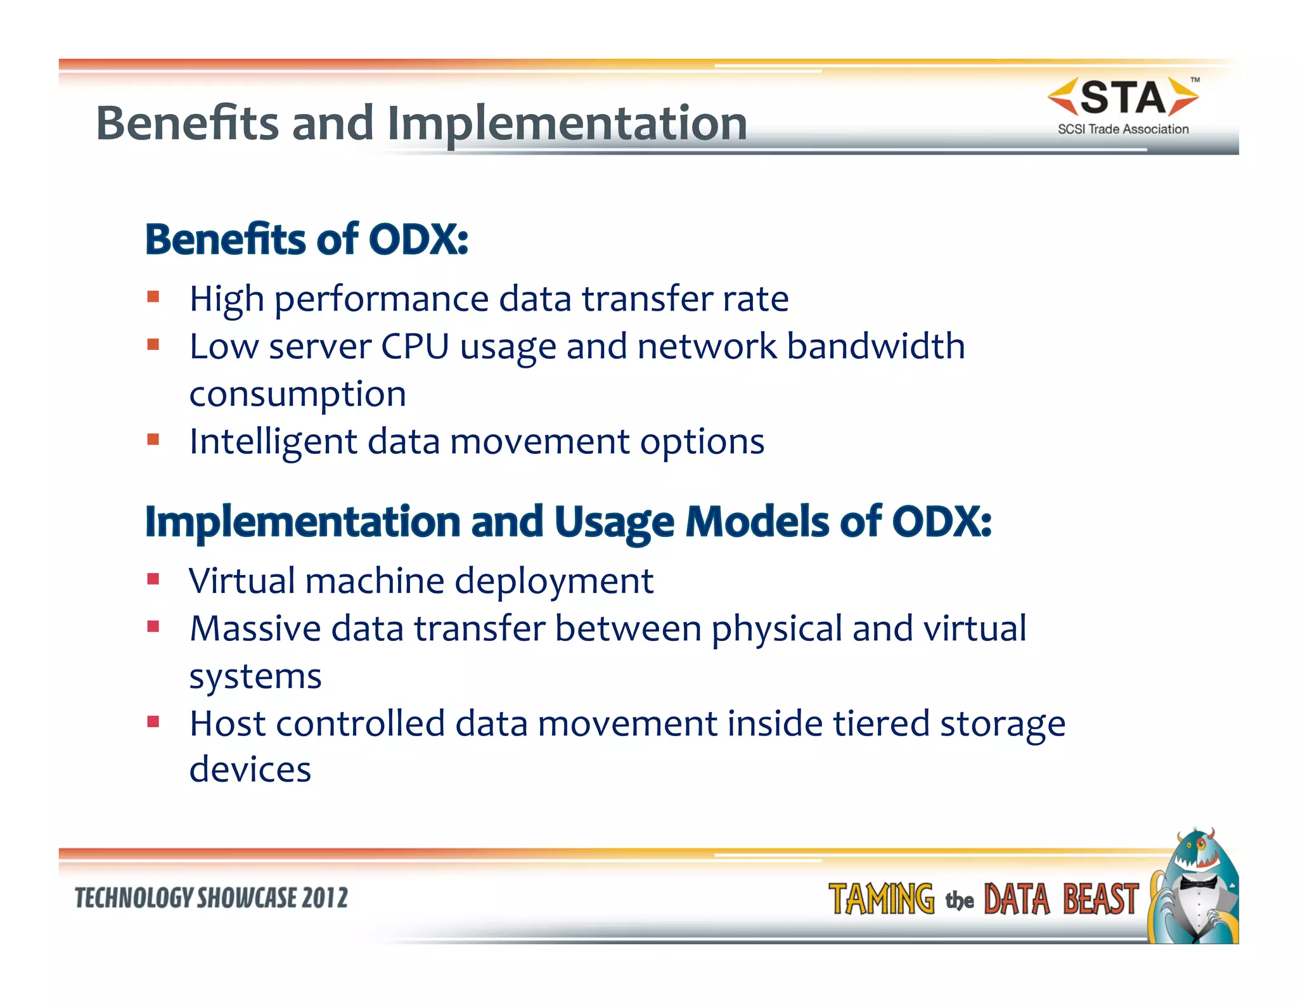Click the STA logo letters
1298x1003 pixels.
pos(1122,98)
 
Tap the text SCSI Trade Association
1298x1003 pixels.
pos(1122,129)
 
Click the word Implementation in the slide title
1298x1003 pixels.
pos(567,124)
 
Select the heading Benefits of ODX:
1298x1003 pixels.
pos(307,240)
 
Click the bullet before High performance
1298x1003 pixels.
pos(153,297)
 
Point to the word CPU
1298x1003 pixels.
pos(414,347)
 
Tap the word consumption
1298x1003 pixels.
pos(298,395)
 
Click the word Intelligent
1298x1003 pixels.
pos(273,442)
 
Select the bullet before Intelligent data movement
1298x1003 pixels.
pos(153,439)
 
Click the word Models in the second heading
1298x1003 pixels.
pos(758,522)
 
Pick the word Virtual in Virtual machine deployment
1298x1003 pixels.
pos(243,581)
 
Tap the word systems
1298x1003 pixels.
pos(255,676)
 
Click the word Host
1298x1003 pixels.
pos(228,723)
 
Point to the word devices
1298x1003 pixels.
pos(250,770)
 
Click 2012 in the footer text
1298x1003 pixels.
pos(324,898)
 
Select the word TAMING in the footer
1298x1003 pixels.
pos(881,900)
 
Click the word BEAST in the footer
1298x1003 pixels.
pos(1100,900)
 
